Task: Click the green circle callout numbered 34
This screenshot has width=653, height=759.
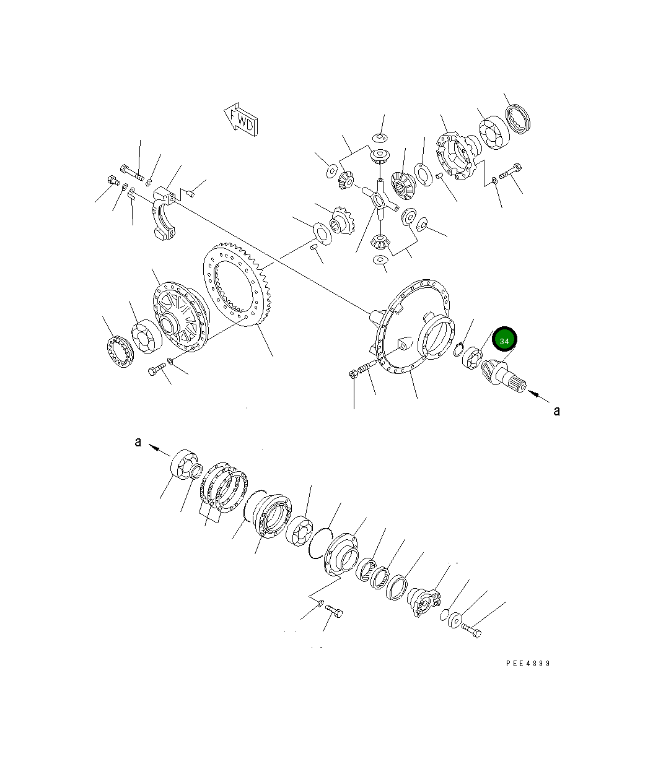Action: pos(504,340)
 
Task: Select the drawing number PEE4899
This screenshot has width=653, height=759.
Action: pos(527,664)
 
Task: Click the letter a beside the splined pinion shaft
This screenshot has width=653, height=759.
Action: pos(556,410)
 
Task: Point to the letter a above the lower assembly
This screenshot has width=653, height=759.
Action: pos(138,442)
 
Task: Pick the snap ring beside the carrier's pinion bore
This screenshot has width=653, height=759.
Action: pos(458,350)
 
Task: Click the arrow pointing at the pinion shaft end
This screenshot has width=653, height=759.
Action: pos(536,394)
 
